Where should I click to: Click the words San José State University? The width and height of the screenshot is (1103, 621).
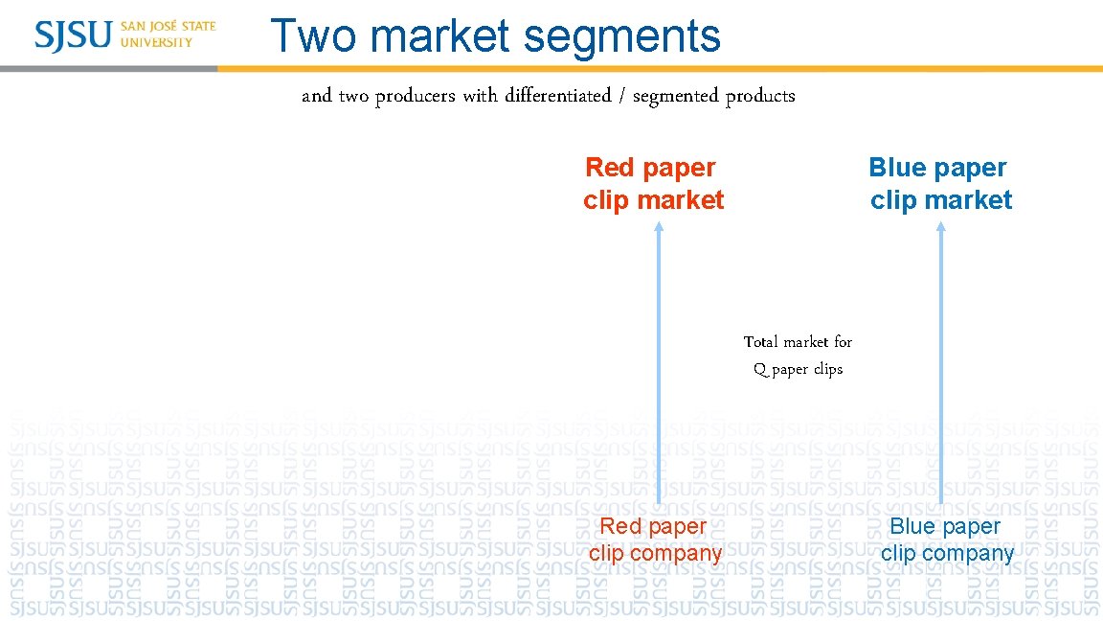point(168,34)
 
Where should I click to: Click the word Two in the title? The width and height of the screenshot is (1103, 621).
point(314,36)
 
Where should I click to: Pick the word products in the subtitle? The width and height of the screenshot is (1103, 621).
point(760,96)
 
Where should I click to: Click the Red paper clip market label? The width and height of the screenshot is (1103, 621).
point(653,184)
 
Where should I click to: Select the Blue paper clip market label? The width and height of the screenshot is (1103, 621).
point(940,184)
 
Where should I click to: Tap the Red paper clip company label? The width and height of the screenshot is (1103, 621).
point(655,540)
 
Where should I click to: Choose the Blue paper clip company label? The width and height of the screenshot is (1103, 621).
point(946,540)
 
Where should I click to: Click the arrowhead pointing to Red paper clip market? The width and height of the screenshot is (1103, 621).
point(659,227)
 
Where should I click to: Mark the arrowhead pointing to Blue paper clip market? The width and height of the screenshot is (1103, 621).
point(940,227)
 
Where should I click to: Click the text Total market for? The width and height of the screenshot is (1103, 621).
point(798,342)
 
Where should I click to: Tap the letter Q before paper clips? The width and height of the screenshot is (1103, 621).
point(760,370)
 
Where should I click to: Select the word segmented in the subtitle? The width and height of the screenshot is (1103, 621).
point(675,96)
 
